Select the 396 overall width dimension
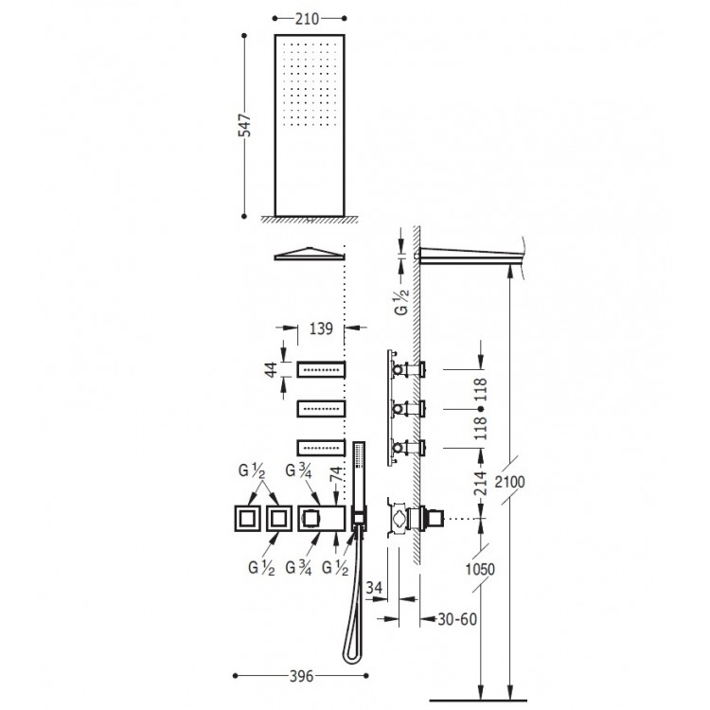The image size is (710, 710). tap(299, 677)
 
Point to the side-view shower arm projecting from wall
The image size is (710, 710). tap(469, 255)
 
